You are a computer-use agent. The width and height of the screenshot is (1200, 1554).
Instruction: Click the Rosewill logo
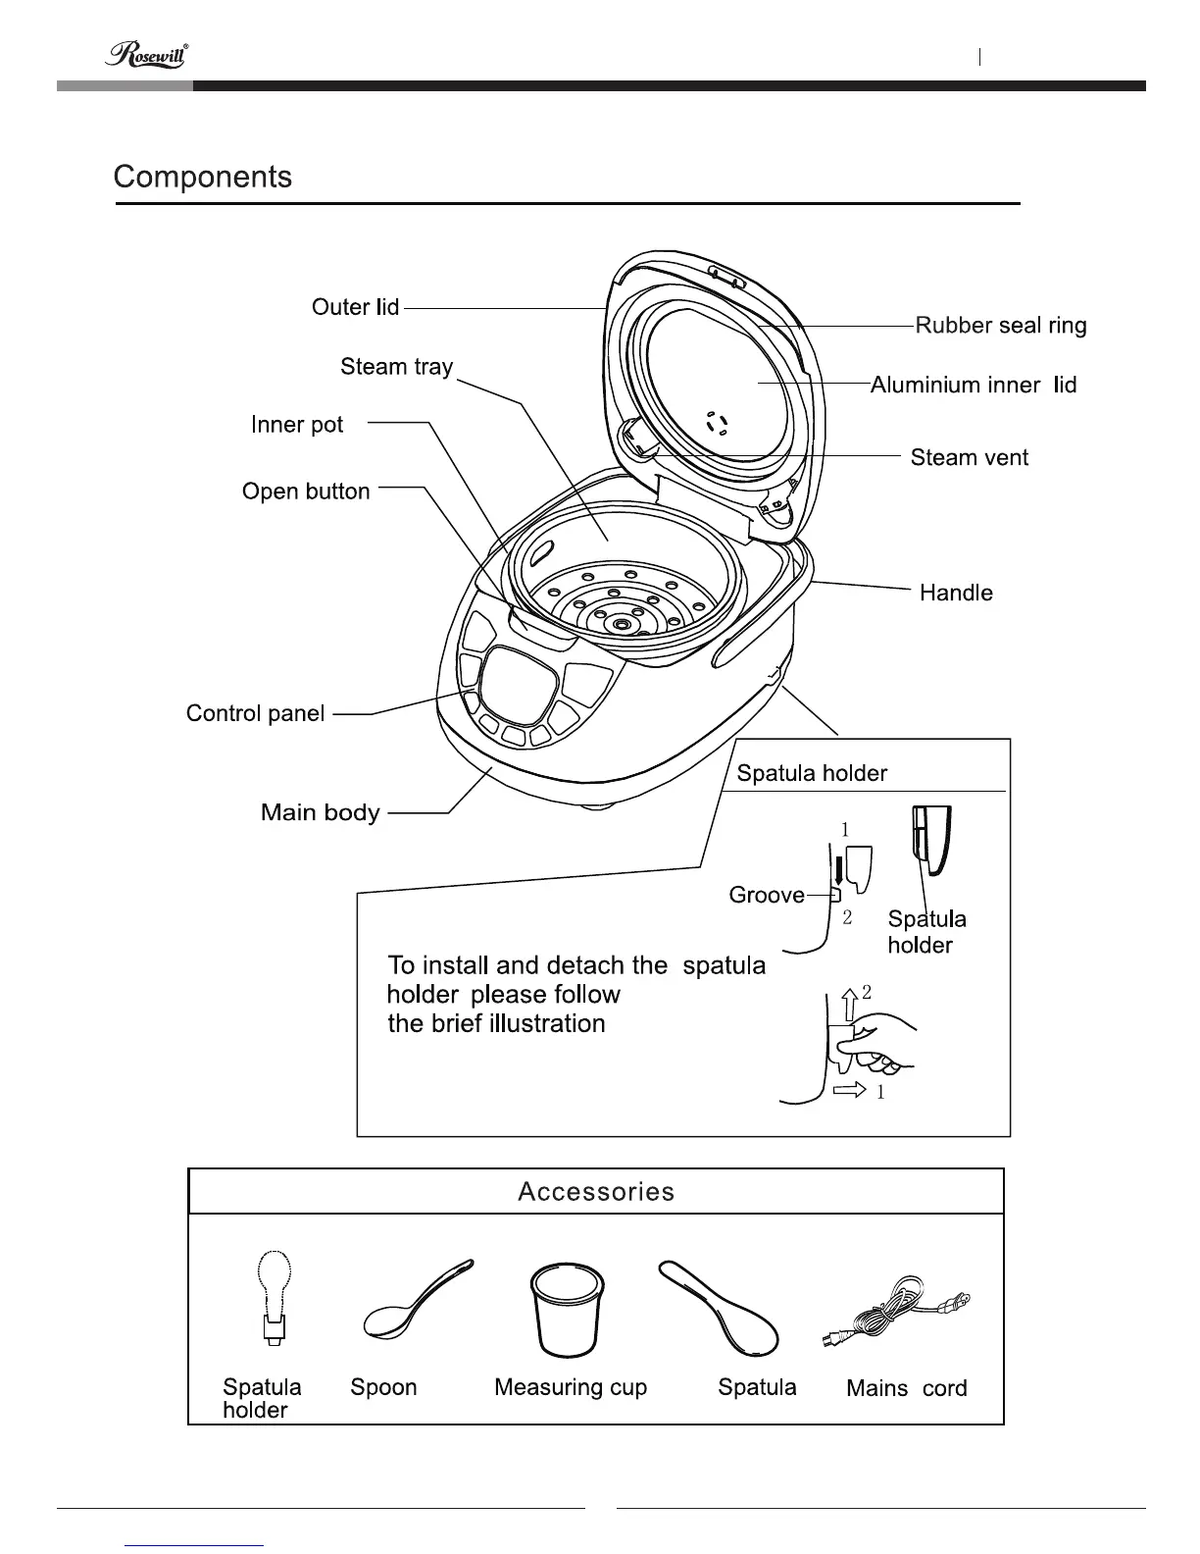pyautogui.click(x=146, y=55)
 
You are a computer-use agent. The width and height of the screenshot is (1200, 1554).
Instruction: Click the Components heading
pyautogui.click(x=203, y=177)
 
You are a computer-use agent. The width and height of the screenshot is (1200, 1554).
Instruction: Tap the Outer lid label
pyautogui.click(x=355, y=307)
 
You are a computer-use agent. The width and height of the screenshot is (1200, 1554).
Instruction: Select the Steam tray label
pyautogui.click(x=396, y=367)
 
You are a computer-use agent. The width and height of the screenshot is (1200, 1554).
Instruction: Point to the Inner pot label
pyautogui.click(x=297, y=425)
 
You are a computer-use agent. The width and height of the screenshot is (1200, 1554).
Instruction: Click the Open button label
pyautogui.click(x=306, y=492)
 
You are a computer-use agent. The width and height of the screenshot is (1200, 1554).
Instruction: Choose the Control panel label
pyautogui.click(x=255, y=713)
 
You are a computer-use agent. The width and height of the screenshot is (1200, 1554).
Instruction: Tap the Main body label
pyautogui.click(x=320, y=812)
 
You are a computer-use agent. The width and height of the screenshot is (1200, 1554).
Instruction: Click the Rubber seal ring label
pyautogui.click(x=1000, y=326)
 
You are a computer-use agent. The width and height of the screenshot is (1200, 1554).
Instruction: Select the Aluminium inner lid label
pyautogui.click(x=973, y=385)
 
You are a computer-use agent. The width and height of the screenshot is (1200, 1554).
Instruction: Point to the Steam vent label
pyautogui.click(x=969, y=457)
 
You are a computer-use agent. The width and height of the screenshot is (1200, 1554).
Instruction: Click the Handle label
pyautogui.click(x=956, y=593)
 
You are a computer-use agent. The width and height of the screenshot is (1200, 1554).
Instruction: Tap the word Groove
pyautogui.click(x=767, y=895)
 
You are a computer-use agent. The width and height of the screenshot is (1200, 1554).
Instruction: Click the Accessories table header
pyautogui.click(x=596, y=1191)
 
